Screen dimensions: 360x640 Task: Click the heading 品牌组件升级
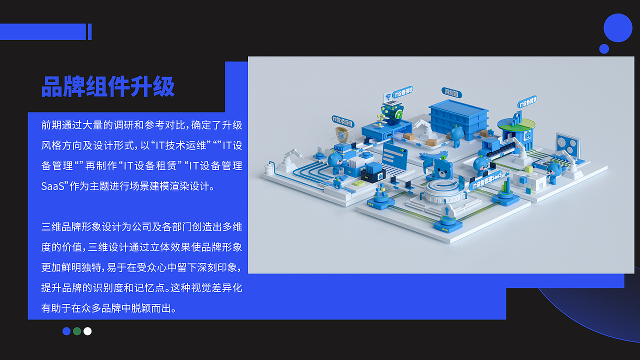[108, 86]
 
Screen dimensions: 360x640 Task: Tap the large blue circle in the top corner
[618, 28]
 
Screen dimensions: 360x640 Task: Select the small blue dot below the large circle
[604, 48]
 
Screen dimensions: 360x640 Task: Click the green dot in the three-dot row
[77, 331]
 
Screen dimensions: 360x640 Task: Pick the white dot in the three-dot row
[87, 331]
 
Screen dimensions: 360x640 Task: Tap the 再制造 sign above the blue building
[451, 92]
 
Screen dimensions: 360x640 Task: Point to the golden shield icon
[341, 134]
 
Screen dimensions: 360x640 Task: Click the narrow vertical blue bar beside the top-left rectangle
[89, 31]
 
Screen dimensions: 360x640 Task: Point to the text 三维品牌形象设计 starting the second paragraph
[81, 227]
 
